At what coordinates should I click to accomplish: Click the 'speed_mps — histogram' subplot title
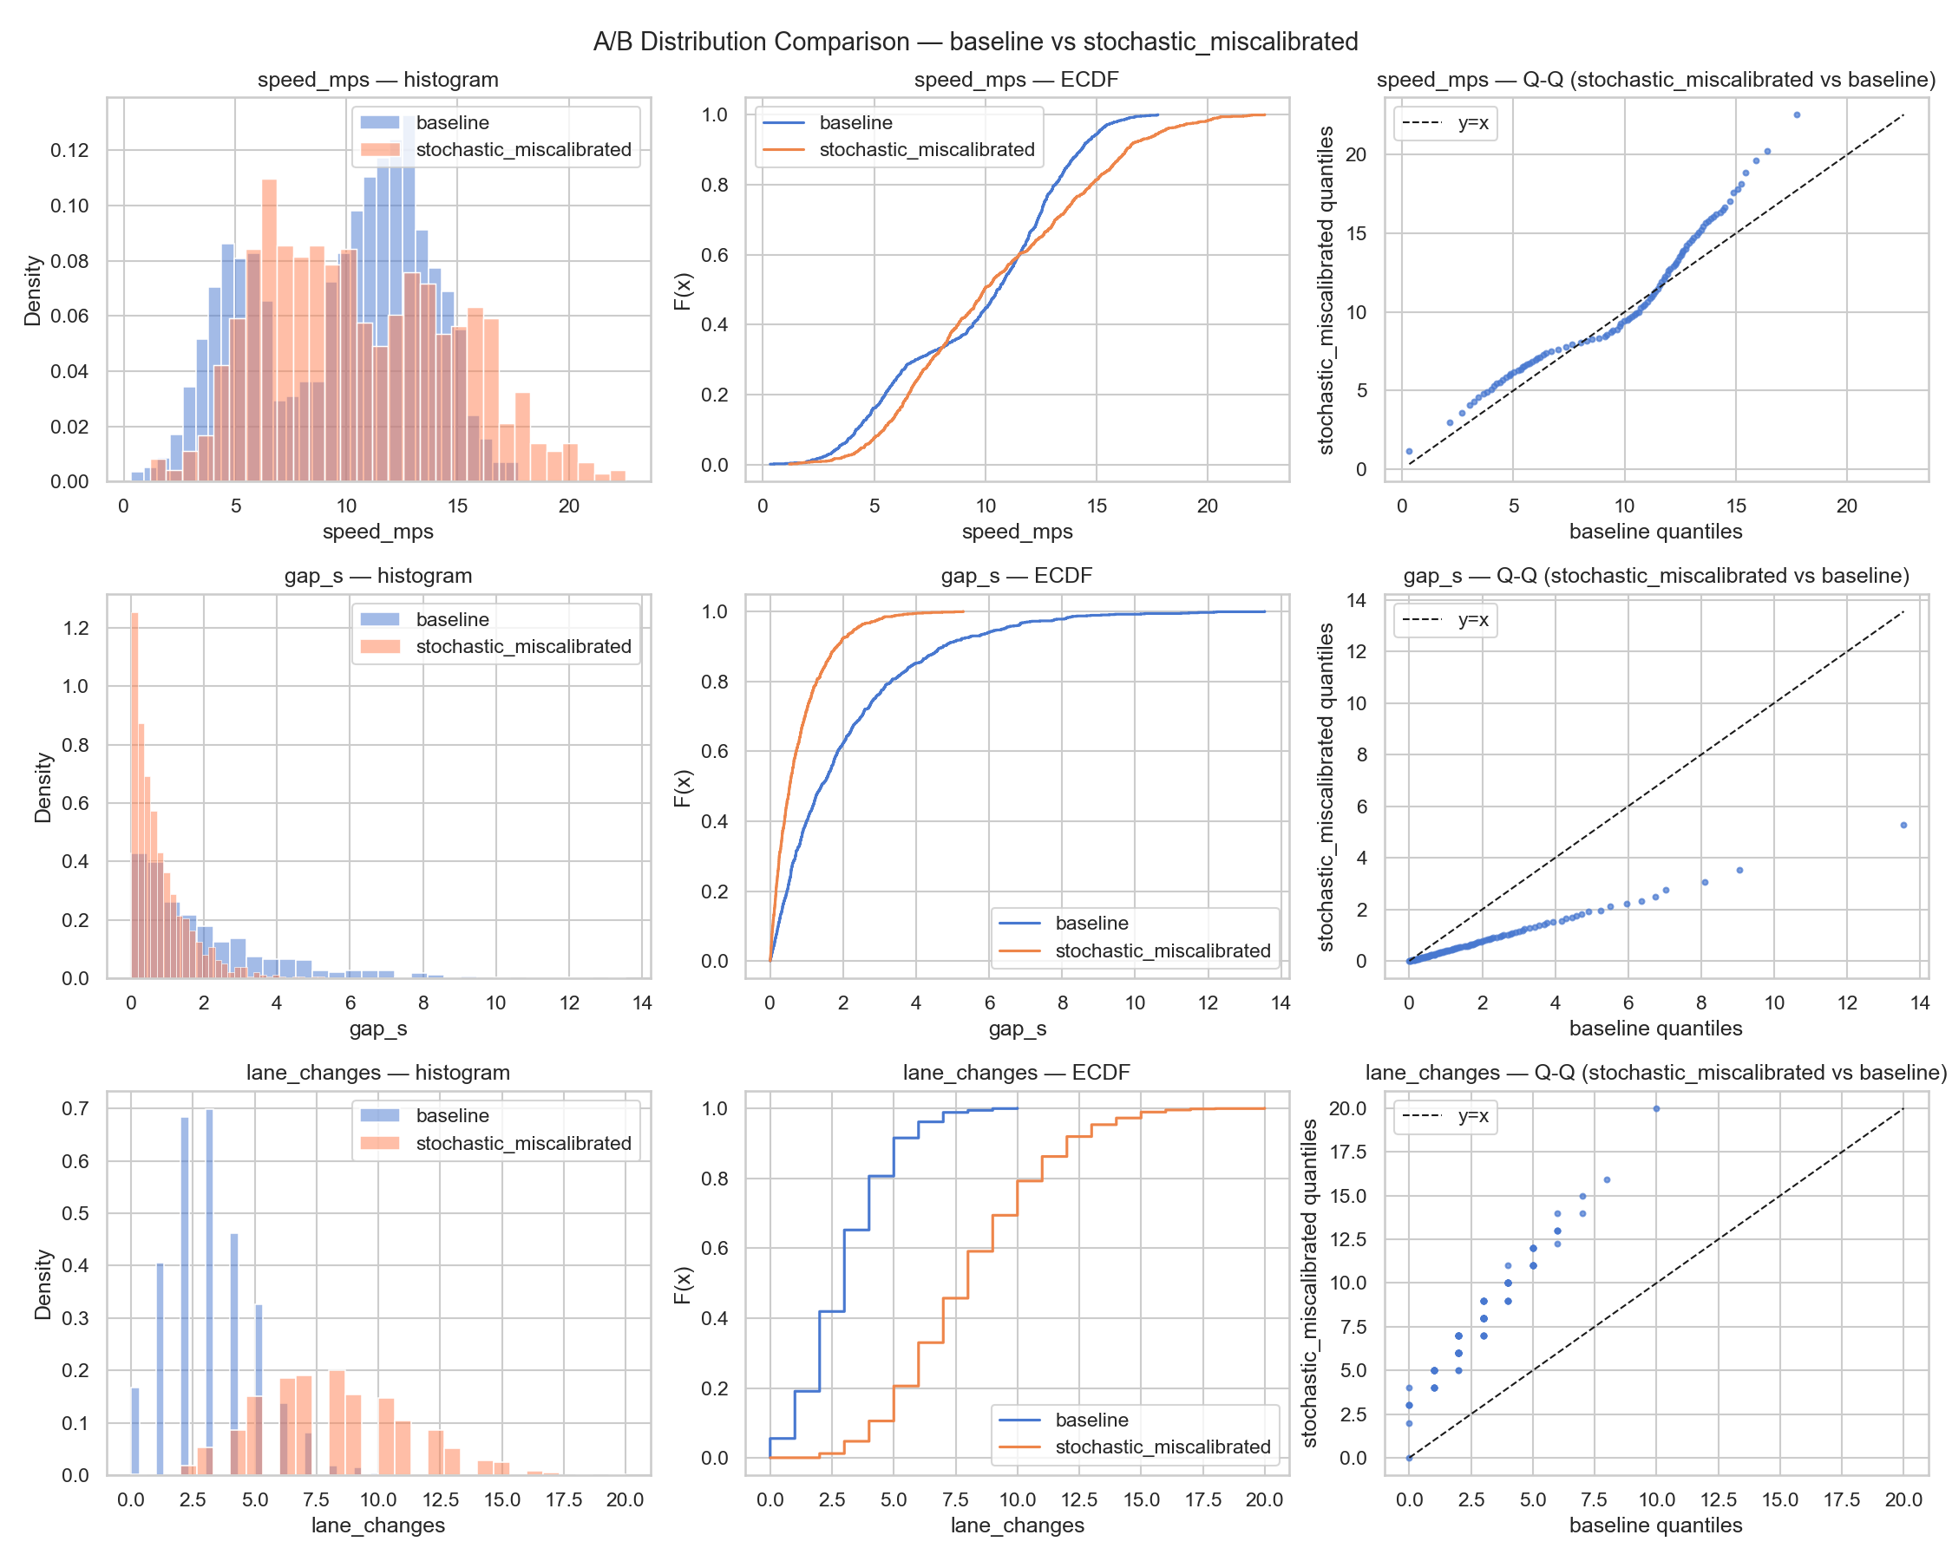click(x=377, y=80)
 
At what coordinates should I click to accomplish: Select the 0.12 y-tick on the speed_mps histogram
click(x=69, y=150)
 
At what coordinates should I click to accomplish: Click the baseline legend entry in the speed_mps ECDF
click(x=855, y=123)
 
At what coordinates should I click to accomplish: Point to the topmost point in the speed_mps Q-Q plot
click(x=1797, y=115)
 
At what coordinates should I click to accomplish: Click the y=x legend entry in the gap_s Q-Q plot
click(x=1473, y=620)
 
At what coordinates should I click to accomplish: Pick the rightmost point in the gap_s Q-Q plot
click(x=1903, y=826)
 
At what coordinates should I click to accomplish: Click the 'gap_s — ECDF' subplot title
click(x=1016, y=576)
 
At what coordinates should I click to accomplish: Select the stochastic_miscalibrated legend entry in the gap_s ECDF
click(x=1163, y=951)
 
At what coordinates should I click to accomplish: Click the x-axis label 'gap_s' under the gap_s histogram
click(x=377, y=1028)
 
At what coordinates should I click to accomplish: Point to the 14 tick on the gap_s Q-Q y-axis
click(x=1355, y=600)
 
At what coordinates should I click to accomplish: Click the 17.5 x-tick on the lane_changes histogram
click(x=563, y=1499)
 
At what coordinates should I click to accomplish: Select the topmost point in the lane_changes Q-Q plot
click(x=1656, y=1108)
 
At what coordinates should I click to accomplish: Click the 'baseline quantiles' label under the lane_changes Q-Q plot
click(x=1655, y=1525)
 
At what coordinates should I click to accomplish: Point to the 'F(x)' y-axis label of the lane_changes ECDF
click(x=683, y=1284)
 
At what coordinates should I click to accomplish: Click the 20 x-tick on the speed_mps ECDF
click(x=1207, y=506)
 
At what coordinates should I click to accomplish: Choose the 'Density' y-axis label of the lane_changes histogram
click(x=43, y=1284)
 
